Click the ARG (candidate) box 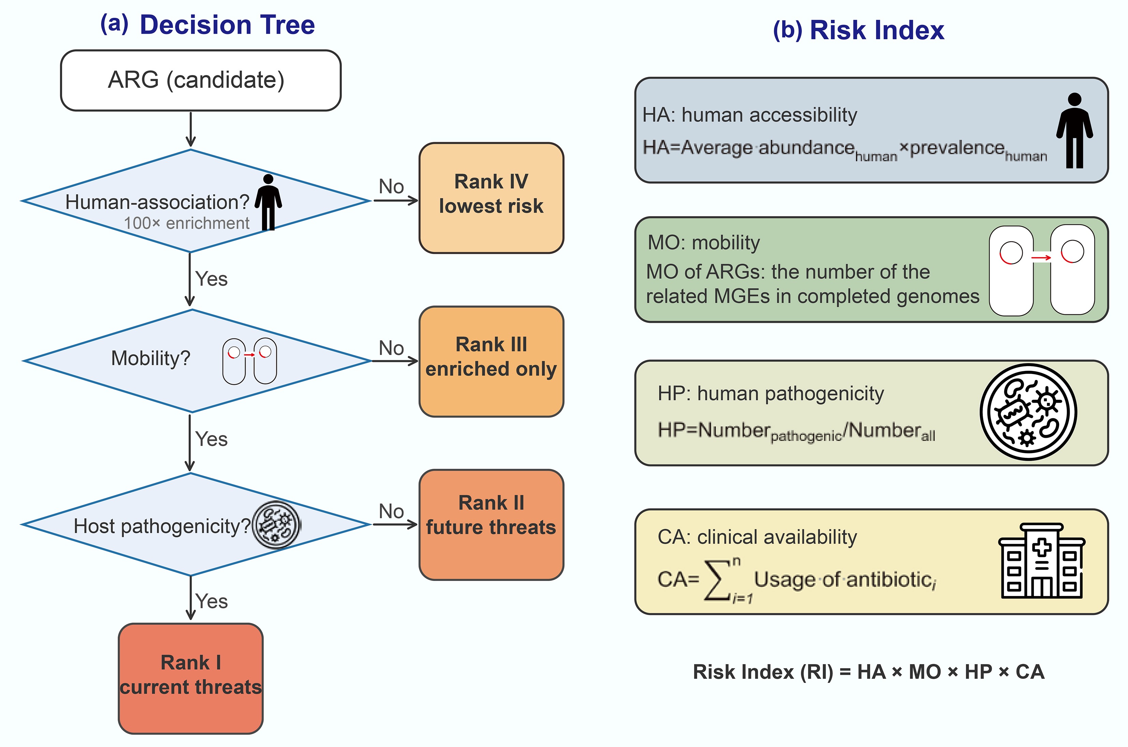point(201,80)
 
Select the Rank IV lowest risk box point(491,198)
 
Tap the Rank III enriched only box point(491,362)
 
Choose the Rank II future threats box point(491,524)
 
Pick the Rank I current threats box point(191,678)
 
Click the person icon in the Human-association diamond point(268,202)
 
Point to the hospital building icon point(1042,561)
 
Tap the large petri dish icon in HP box point(1028,412)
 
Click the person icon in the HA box point(1075,131)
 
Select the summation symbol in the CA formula point(719,580)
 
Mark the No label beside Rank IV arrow point(391,186)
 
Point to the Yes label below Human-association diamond point(211,279)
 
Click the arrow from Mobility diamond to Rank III point(395,361)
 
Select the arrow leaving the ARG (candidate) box point(191,130)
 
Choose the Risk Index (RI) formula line point(868,672)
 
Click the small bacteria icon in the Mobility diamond point(250,361)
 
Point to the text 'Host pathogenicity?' point(162,526)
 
